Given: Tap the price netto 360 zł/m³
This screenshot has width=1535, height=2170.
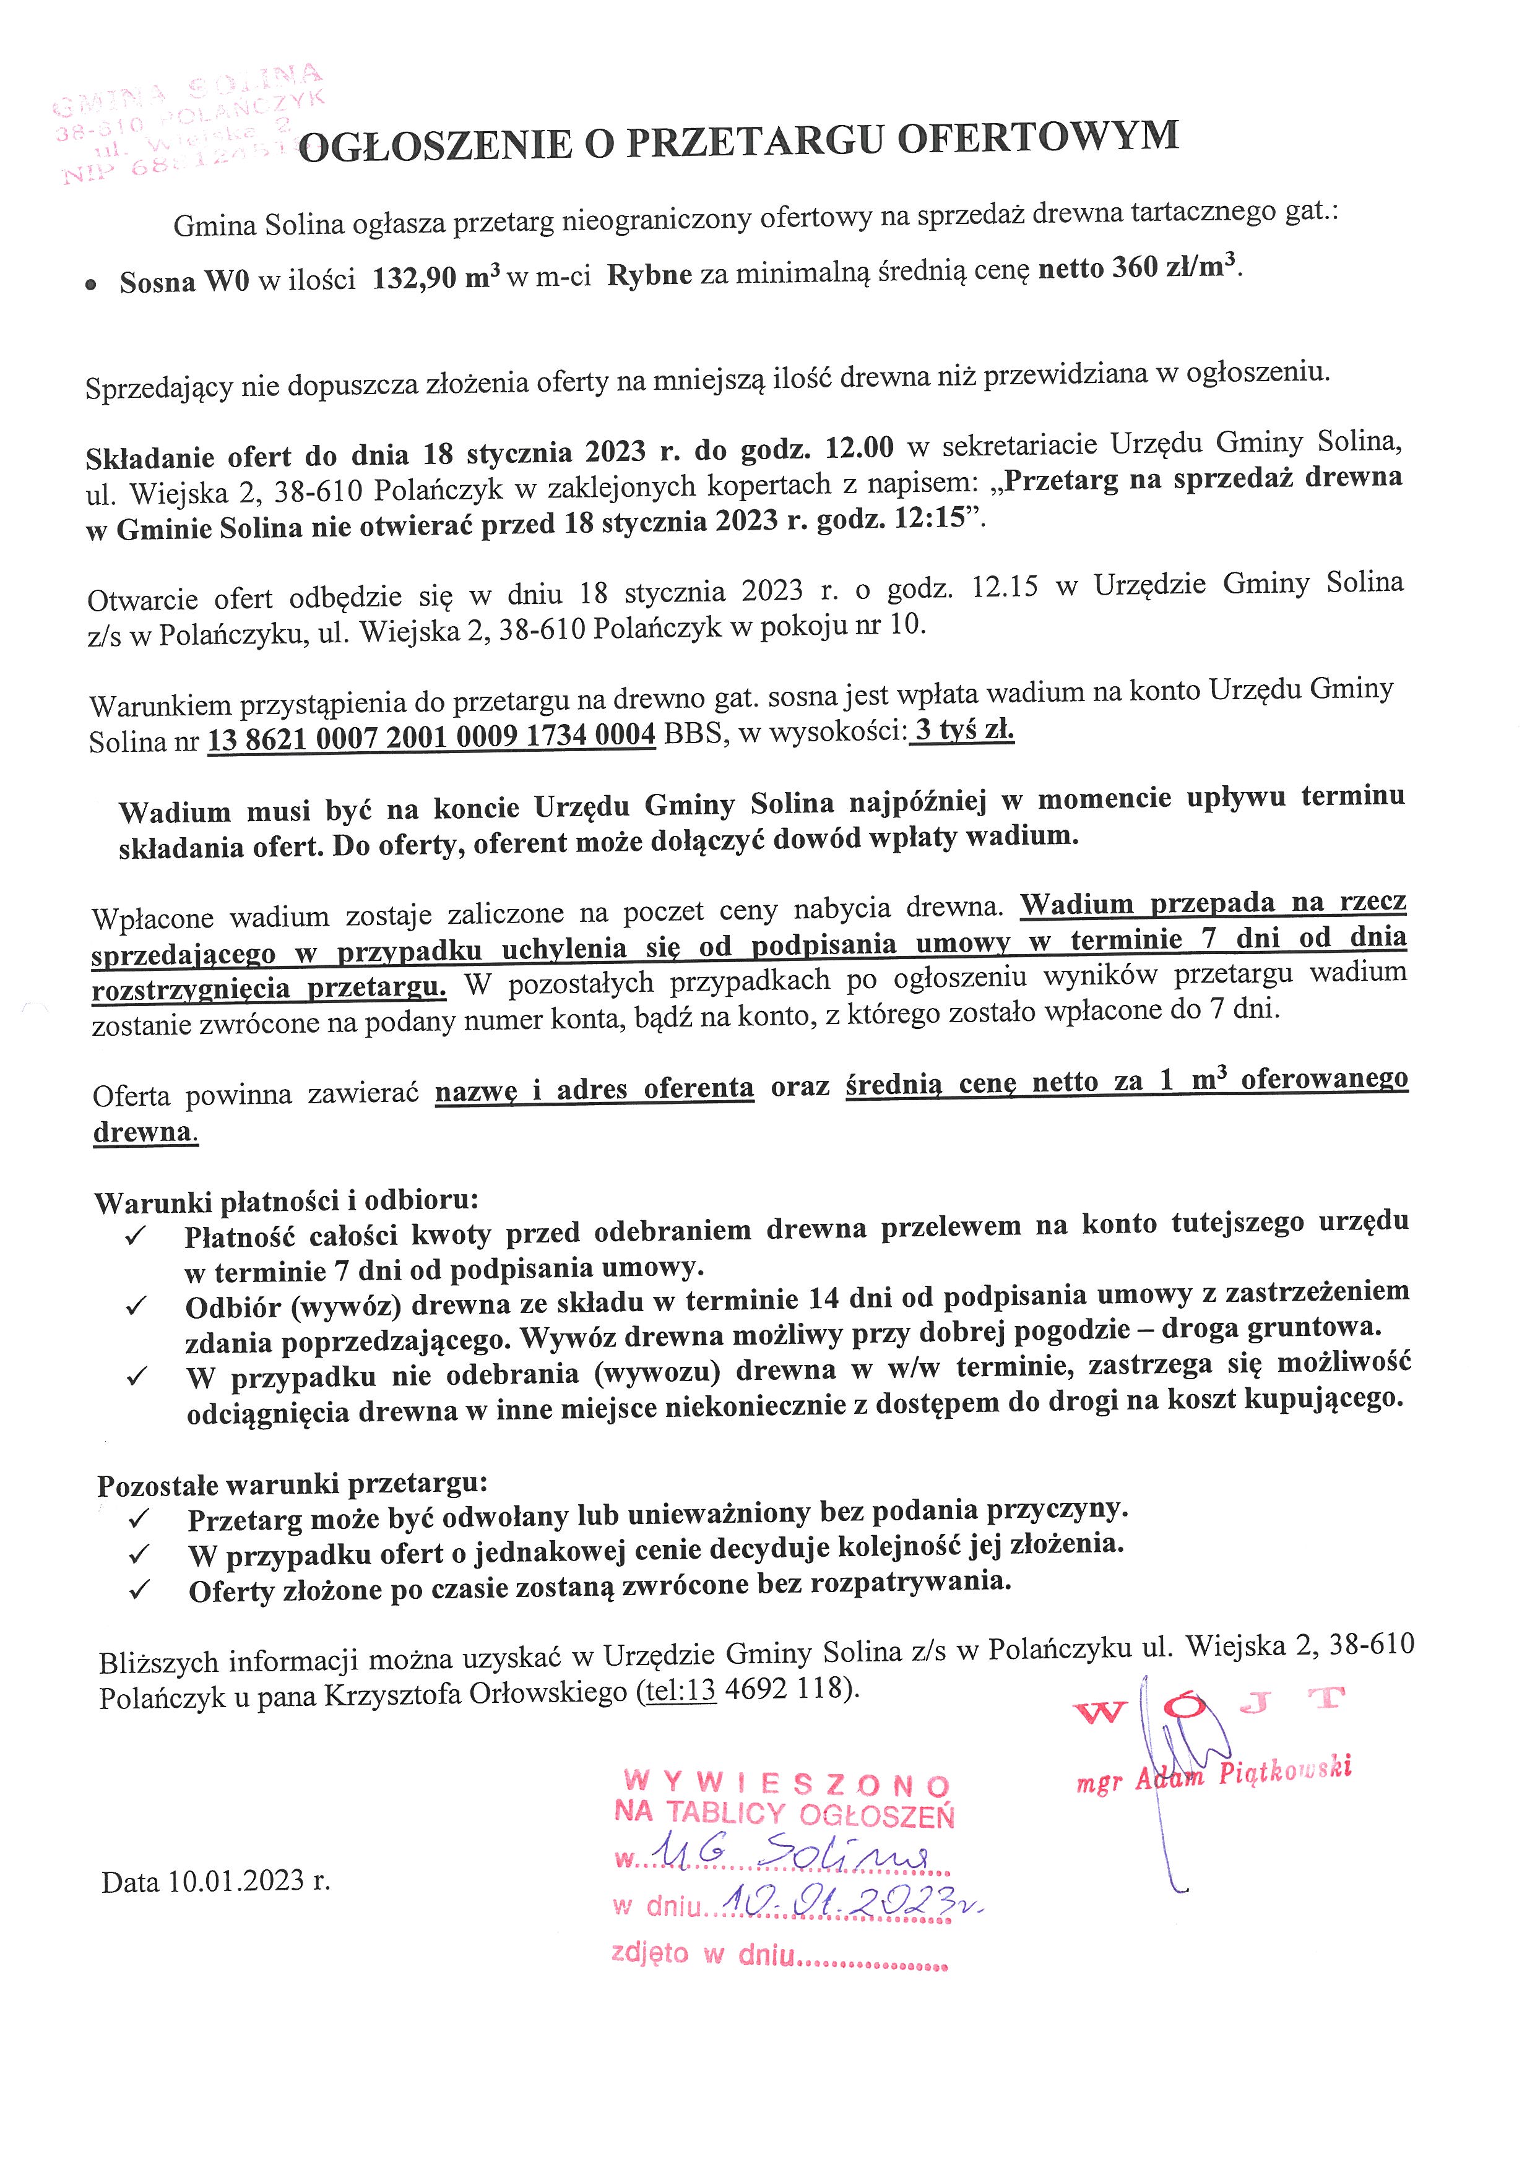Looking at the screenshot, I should pyautogui.click(x=1139, y=269).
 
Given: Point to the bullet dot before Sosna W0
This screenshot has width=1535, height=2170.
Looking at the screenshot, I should pyautogui.click(x=91, y=283).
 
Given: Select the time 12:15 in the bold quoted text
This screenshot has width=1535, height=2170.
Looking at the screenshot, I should pyautogui.click(x=930, y=521).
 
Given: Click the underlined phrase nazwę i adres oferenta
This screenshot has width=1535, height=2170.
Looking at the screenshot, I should pyautogui.click(x=595, y=1089).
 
